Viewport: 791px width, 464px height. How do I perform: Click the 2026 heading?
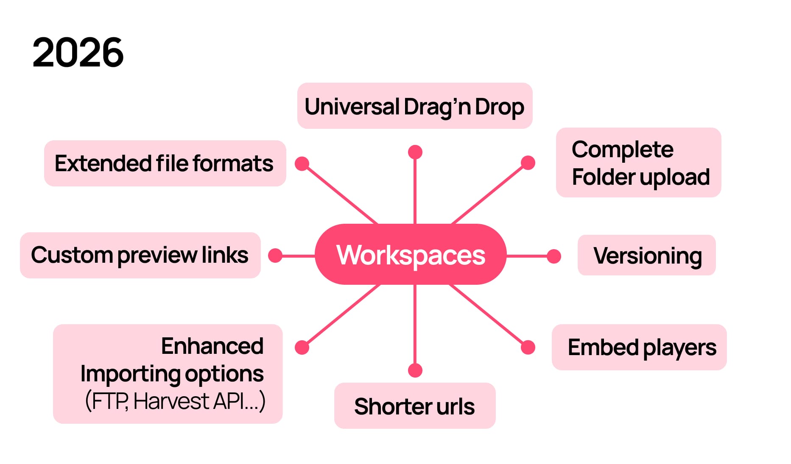(x=78, y=53)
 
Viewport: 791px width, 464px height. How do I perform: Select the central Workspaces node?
(x=411, y=255)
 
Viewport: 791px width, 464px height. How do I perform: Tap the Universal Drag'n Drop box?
(x=414, y=106)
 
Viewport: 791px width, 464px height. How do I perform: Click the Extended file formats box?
(x=165, y=164)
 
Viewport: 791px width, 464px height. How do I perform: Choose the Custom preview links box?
(x=140, y=255)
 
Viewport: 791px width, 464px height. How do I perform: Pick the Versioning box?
(x=647, y=256)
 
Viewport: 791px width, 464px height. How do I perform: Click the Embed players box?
(x=639, y=347)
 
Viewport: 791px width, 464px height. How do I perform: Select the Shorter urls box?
(x=414, y=406)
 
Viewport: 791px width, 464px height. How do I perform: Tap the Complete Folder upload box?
(x=638, y=163)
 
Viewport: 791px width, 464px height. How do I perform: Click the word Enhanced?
(x=212, y=346)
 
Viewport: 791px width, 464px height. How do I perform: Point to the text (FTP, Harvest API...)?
(x=175, y=401)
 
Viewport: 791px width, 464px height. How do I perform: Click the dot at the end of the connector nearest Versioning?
(x=553, y=256)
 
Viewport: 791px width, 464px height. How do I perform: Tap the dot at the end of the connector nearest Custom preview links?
(x=276, y=256)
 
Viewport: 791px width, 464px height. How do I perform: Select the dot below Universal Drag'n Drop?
(x=415, y=152)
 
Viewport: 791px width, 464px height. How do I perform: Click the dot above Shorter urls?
(x=415, y=370)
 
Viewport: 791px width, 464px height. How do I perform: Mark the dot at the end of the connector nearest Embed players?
(x=528, y=347)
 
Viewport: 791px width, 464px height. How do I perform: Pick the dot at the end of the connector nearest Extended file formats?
(x=302, y=164)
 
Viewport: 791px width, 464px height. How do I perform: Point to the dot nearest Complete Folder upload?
(x=528, y=163)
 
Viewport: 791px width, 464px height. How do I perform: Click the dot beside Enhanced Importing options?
(x=302, y=347)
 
